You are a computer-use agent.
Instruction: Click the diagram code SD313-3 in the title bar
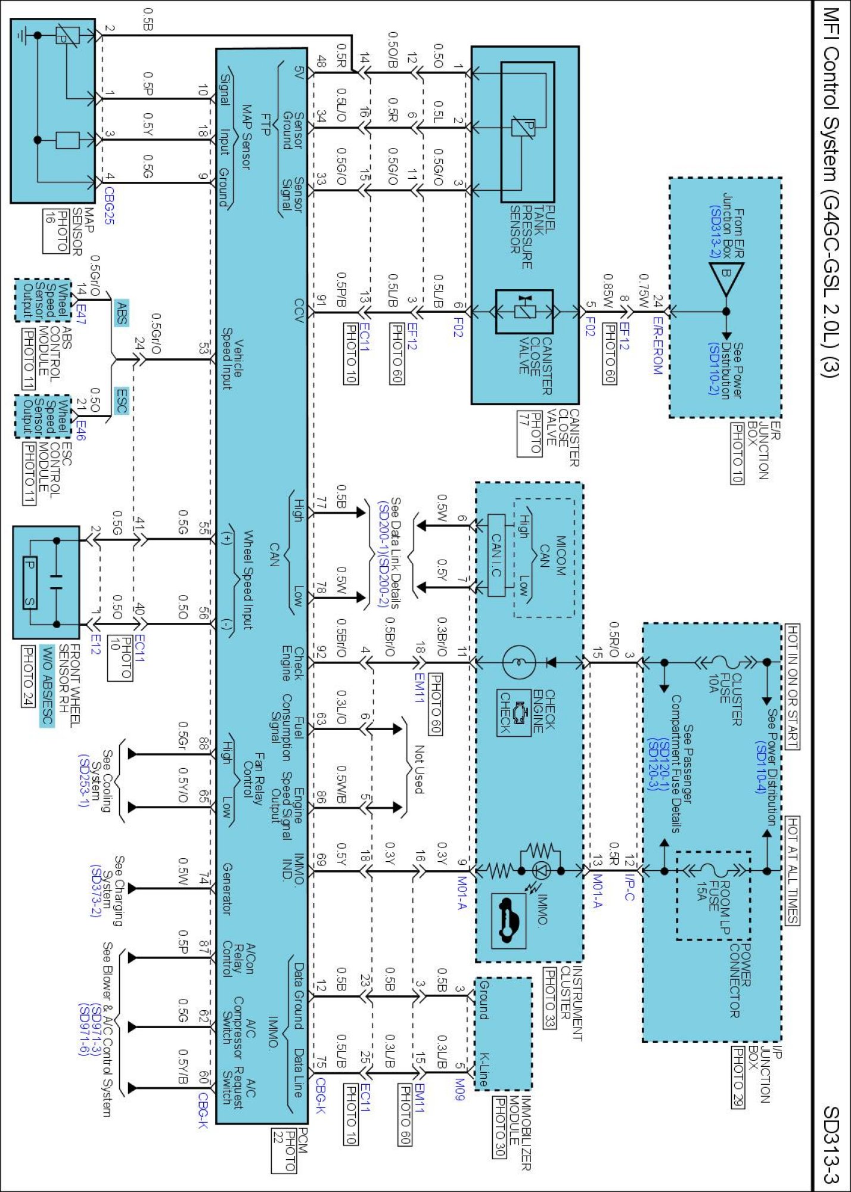[831, 1144]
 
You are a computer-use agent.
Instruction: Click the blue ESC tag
[121, 401]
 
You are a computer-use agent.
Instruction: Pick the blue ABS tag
[121, 312]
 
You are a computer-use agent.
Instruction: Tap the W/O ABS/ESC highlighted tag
[47, 685]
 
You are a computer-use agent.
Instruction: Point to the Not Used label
[420, 769]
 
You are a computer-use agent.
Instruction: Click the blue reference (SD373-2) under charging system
[95, 891]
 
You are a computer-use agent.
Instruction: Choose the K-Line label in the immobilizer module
[484, 1070]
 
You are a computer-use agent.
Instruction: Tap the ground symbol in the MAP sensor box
[22, 36]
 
